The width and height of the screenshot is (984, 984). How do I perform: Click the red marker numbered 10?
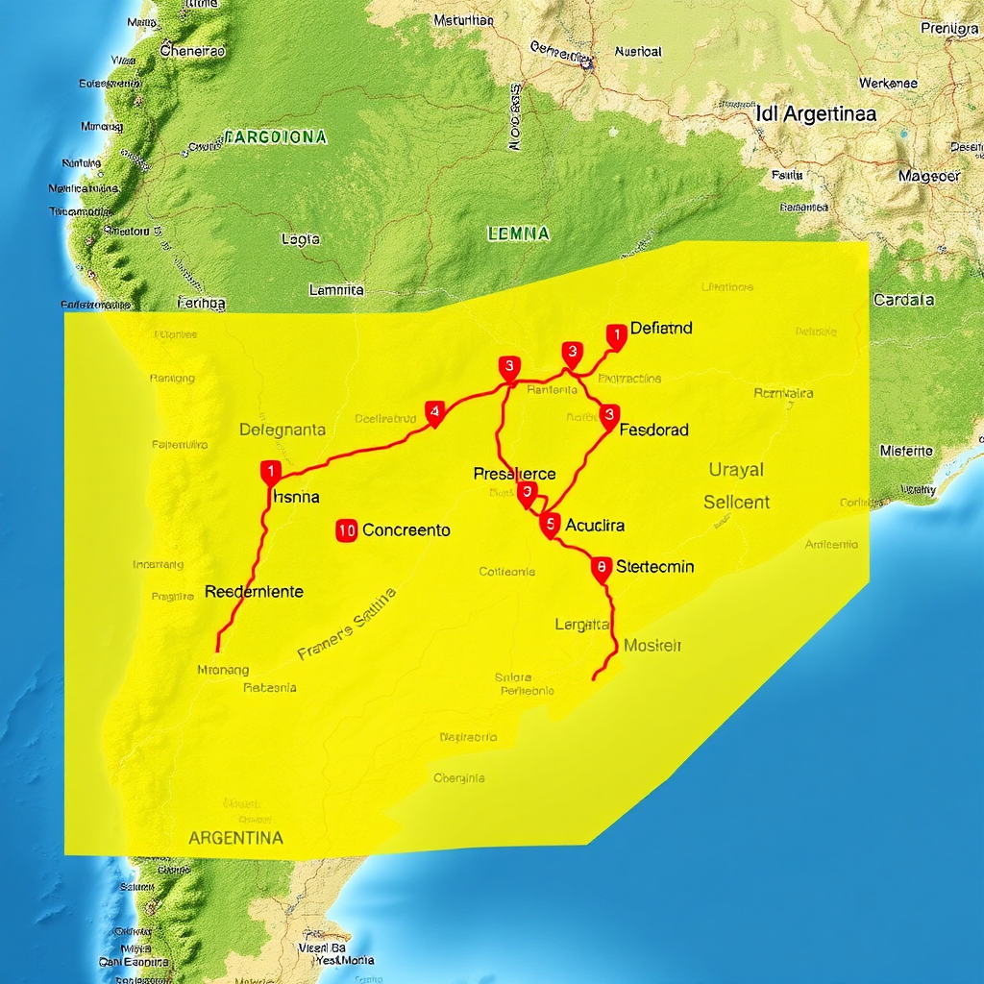[347, 529]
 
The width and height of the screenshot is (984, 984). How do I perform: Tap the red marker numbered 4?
[434, 413]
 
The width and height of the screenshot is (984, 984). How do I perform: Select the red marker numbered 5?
[549, 524]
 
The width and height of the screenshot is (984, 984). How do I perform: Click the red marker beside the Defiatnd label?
[615, 334]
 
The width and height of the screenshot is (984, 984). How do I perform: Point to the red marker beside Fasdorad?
[608, 415]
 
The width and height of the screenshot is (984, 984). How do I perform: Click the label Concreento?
[406, 529]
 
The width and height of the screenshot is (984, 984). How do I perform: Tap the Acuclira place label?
[595, 525]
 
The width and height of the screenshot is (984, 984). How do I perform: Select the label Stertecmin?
[654, 566]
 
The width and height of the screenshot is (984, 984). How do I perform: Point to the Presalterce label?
[514, 474]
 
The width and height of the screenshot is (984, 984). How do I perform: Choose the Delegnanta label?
[282, 430]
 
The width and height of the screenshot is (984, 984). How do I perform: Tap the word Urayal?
[736, 470]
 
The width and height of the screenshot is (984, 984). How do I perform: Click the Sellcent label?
[736, 502]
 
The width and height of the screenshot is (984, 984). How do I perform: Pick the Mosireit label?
[652, 646]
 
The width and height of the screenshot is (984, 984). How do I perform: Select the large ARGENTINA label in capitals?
[235, 837]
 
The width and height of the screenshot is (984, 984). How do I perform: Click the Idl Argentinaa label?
[816, 113]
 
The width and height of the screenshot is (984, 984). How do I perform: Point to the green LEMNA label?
[518, 233]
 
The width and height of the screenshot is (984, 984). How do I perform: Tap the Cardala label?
[903, 300]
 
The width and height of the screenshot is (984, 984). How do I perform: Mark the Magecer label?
[929, 176]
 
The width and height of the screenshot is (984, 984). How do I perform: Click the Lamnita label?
[336, 288]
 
